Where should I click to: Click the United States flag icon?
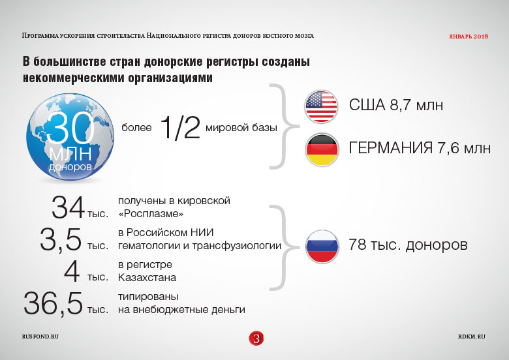321,107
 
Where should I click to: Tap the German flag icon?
322,149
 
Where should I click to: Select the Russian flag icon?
322,246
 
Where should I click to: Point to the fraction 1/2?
180,128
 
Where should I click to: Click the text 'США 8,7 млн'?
396,105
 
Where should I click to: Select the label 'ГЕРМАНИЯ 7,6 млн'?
420,148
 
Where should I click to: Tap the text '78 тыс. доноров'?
408,245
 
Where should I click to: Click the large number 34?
68,207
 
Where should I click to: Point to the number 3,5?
61,240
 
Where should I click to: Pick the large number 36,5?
53,303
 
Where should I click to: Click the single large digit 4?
72,271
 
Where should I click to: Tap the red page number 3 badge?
256,338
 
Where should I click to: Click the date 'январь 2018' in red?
469,37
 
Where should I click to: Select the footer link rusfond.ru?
40,337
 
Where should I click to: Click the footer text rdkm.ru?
472,337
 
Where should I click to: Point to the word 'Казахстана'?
147,278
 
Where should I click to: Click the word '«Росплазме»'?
151,214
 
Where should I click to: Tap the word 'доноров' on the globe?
70,167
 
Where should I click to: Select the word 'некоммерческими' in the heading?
74,78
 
